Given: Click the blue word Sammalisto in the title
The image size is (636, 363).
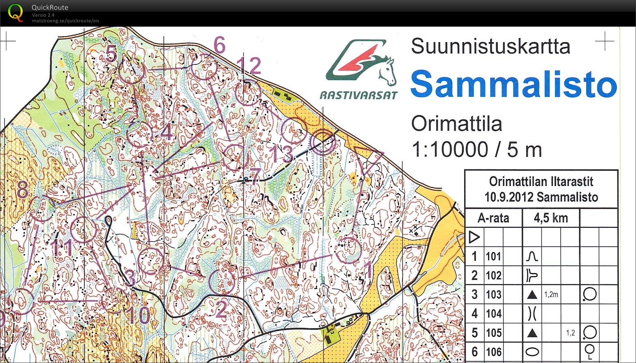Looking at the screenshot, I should click(x=514, y=84).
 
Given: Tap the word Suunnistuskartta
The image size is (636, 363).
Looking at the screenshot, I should click(x=490, y=46).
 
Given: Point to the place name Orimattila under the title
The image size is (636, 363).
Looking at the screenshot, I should click(x=456, y=124).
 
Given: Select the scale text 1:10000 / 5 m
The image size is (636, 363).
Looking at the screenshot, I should click(x=477, y=149).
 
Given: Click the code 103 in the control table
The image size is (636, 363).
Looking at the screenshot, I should click(x=493, y=295).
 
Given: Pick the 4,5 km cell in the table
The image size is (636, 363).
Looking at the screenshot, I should click(x=550, y=218).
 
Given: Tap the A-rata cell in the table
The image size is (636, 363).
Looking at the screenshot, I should click(x=493, y=218).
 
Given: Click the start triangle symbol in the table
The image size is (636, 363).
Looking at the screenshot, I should click(x=474, y=237).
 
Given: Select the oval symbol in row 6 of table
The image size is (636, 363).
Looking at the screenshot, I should click(x=532, y=352).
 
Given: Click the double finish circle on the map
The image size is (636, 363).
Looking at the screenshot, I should click(x=323, y=143).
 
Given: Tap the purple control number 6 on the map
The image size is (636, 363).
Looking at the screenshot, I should click(x=219, y=45).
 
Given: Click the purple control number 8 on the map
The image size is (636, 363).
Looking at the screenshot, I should click(x=22, y=189).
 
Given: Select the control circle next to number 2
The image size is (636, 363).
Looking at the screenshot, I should click(x=222, y=282).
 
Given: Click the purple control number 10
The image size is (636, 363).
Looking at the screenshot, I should click(x=138, y=315).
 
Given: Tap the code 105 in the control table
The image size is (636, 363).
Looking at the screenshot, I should click(x=493, y=333).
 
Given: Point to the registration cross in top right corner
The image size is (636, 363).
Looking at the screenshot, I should click(x=604, y=41).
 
